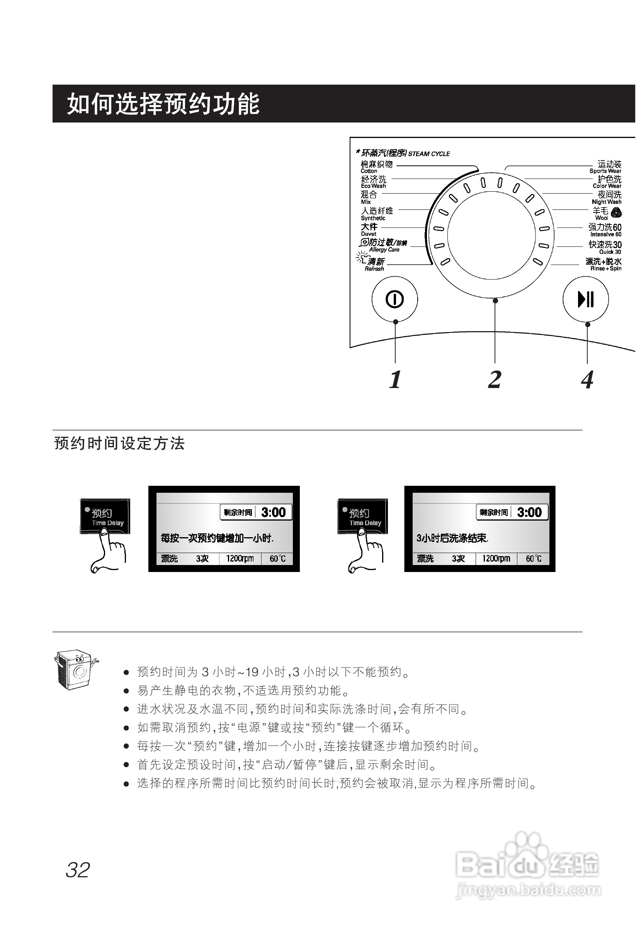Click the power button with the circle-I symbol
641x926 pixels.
[394, 299]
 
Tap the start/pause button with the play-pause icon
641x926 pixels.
[586, 299]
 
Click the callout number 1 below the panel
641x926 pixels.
[395, 380]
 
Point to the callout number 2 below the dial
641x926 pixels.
[495, 380]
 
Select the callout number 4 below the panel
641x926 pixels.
[587, 380]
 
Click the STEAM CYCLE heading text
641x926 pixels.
[429, 154]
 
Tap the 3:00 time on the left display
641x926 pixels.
[273, 512]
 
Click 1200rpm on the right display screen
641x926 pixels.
[496, 558]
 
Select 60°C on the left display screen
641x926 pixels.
[277, 558]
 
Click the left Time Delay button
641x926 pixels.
[105, 517]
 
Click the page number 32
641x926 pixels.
[78, 870]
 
